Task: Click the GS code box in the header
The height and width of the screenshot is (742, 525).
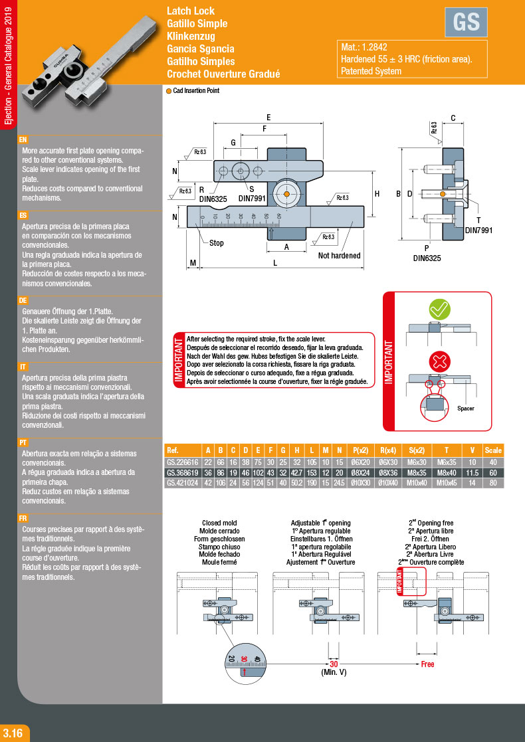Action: (466, 22)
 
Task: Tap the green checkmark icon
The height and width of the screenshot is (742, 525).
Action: (439, 310)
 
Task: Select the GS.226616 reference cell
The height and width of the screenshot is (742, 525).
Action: (182, 462)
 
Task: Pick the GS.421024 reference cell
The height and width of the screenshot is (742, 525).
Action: (182, 482)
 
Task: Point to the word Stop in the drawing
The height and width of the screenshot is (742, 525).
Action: (217, 243)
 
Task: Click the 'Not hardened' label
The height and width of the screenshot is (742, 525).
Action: (339, 256)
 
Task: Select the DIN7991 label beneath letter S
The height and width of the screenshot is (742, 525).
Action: (252, 198)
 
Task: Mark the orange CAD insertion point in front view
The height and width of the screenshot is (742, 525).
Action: (286, 194)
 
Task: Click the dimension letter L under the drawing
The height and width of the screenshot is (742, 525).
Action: (275, 264)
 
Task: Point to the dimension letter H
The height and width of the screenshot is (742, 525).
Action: (377, 194)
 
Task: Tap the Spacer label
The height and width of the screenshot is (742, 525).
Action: (465, 409)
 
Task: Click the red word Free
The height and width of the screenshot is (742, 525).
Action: (427, 664)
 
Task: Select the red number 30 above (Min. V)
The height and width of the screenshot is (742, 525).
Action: (334, 664)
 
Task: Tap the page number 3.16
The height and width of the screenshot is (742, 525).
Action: (13, 733)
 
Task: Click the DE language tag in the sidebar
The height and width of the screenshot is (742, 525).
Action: (23, 300)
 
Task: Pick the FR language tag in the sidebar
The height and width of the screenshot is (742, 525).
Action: (23, 518)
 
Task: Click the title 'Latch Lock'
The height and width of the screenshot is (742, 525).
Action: (191, 11)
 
